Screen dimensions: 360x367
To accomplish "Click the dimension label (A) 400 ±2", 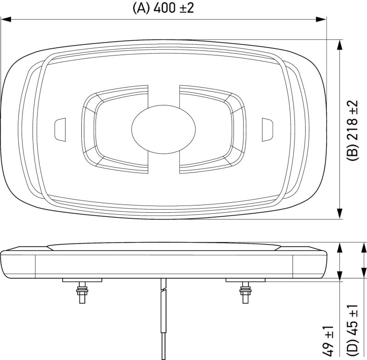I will click(x=163, y=8).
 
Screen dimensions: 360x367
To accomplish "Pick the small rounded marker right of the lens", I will click(x=267, y=129).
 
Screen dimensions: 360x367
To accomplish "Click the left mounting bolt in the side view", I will click(x=82, y=292).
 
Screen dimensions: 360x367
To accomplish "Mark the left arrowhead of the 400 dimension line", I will click(x=6, y=20).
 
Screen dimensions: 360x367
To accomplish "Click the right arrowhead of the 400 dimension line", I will click(x=321, y=20).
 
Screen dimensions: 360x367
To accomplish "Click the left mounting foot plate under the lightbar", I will click(x=82, y=280).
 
